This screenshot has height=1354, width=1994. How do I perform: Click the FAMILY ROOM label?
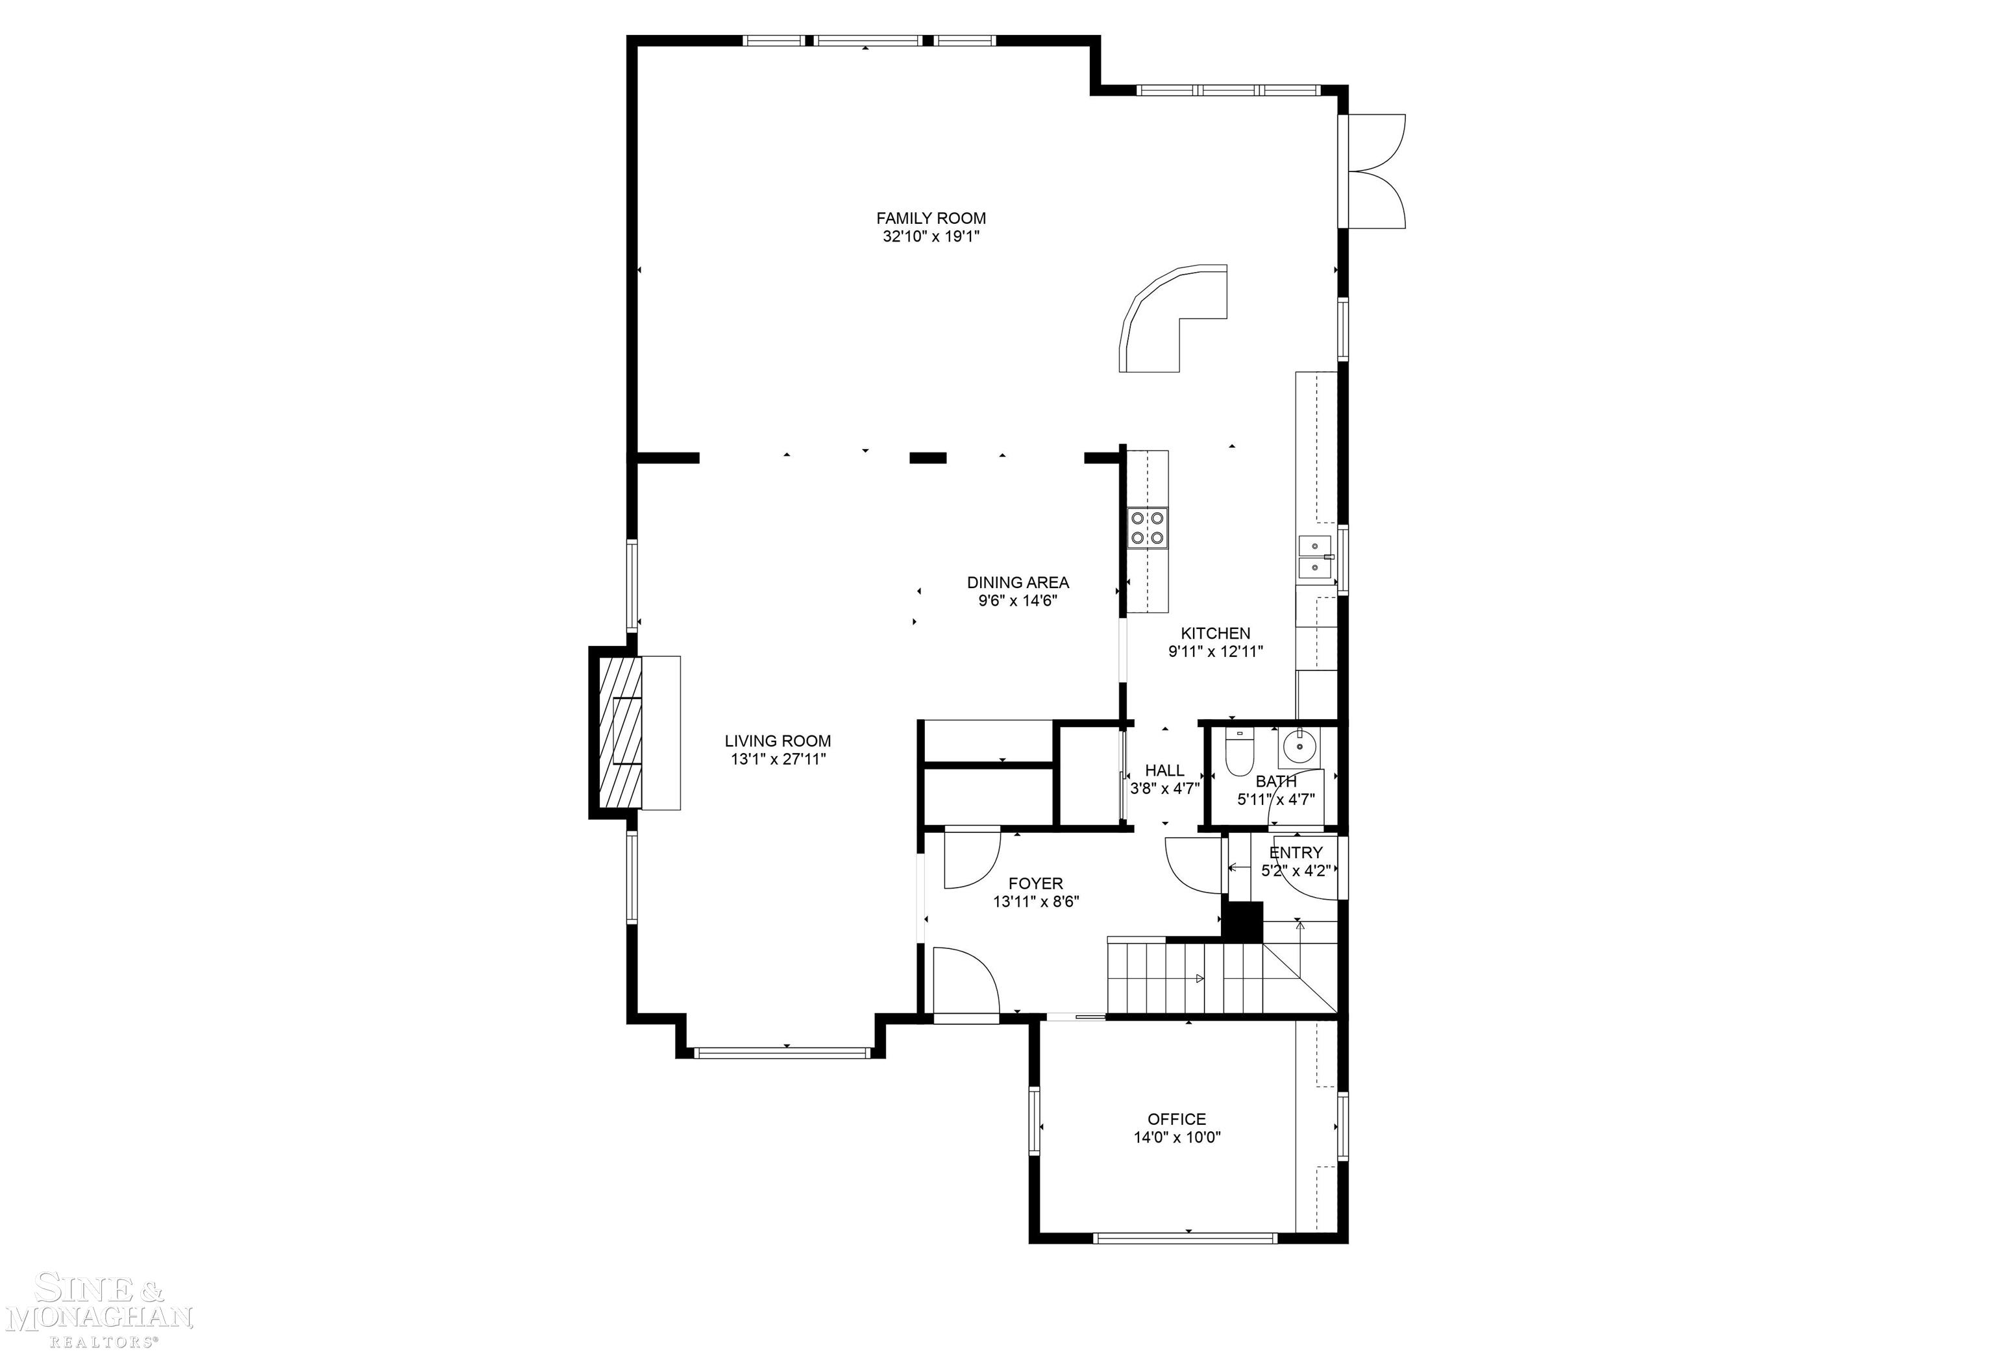coord(931,218)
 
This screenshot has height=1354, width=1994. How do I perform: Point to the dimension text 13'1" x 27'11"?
coord(778,759)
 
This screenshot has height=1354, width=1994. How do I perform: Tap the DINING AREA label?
coord(1018,582)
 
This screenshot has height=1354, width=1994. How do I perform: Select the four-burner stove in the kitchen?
coord(1147,528)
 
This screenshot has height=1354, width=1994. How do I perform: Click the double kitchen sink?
coord(1314,557)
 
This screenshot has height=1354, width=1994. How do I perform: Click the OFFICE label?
coord(1176,1119)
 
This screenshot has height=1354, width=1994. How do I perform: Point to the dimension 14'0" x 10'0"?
coord(1176,1138)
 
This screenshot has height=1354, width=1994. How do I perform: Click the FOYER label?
coord(1035,883)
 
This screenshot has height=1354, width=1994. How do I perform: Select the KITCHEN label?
coord(1215,634)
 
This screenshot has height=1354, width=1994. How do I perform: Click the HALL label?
coord(1164,770)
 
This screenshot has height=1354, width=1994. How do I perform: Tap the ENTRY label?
coord(1296,852)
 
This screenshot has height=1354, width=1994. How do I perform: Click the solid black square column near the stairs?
coord(1242,922)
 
